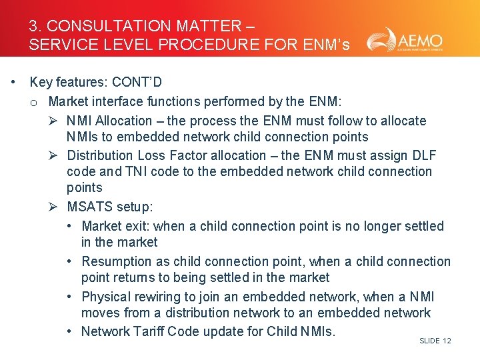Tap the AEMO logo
(x=404, y=40)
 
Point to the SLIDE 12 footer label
(x=435, y=341)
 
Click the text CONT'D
(x=137, y=83)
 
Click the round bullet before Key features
(x=13, y=83)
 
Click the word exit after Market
(x=136, y=226)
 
